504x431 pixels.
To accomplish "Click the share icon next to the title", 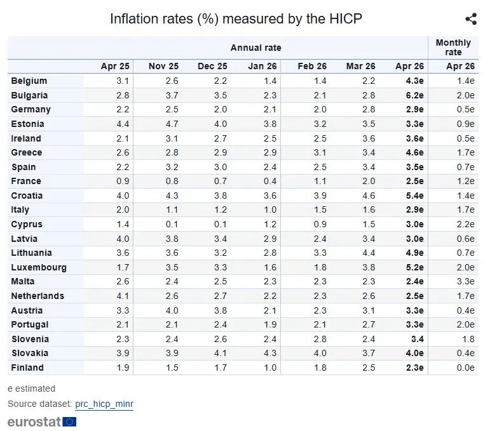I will coord(471,19).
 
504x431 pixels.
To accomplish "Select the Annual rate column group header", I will coord(255,48).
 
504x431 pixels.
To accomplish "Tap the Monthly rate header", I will coord(453,48).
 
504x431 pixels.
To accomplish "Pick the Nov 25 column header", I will coord(163,66).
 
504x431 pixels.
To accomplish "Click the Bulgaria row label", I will coord(29,95).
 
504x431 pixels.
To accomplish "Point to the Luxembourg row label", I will coord(39,267).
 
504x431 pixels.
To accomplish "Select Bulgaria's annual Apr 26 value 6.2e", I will coord(414,95).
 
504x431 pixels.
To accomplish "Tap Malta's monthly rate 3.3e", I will coord(465,281).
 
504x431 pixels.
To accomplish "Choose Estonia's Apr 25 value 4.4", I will coord(123,124).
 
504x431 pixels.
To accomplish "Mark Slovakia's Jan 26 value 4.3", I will coord(270,353).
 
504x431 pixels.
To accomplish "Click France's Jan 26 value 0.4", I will coord(270,181).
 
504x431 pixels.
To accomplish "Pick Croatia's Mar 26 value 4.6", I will coord(369,196).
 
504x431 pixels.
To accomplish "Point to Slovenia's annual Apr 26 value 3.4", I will coord(417,339).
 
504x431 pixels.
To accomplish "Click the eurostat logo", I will coord(41,421).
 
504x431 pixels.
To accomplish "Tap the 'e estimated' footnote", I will coord(31,388).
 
